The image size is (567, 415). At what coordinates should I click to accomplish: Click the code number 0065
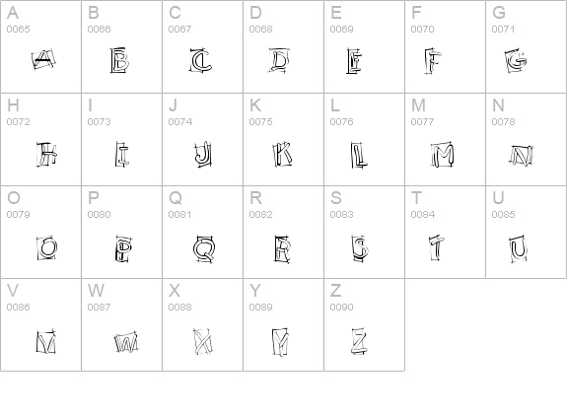click(x=19, y=30)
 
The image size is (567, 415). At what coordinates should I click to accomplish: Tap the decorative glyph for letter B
click(x=121, y=62)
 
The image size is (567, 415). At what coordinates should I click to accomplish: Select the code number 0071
click(x=504, y=30)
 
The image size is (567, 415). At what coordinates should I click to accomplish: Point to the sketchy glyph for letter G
click(x=517, y=62)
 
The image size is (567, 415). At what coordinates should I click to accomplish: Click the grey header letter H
click(x=13, y=104)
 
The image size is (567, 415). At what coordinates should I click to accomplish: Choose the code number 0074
click(x=180, y=122)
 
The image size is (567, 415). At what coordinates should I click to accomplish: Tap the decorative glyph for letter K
click(x=283, y=154)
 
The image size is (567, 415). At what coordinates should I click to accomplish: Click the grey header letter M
click(x=418, y=104)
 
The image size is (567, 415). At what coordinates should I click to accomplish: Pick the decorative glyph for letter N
click(x=521, y=155)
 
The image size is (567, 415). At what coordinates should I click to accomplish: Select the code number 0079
click(x=19, y=215)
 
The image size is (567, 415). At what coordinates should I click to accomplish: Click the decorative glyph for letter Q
click(x=203, y=246)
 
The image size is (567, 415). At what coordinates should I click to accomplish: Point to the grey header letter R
click(x=255, y=197)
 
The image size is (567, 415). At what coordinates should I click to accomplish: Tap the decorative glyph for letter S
click(x=360, y=246)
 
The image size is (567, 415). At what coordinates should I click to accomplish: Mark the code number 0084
click(x=423, y=215)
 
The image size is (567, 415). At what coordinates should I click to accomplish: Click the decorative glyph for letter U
click(x=518, y=246)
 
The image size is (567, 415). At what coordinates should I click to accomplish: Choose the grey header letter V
click(x=13, y=290)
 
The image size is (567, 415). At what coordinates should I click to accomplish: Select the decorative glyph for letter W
click(x=124, y=341)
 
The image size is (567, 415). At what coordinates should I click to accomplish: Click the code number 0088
click(x=180, y=308)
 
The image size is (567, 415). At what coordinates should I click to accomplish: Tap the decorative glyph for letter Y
click(x=281, y=341)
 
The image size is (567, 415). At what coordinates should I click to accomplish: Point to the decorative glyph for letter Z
click(x=359, y=341)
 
